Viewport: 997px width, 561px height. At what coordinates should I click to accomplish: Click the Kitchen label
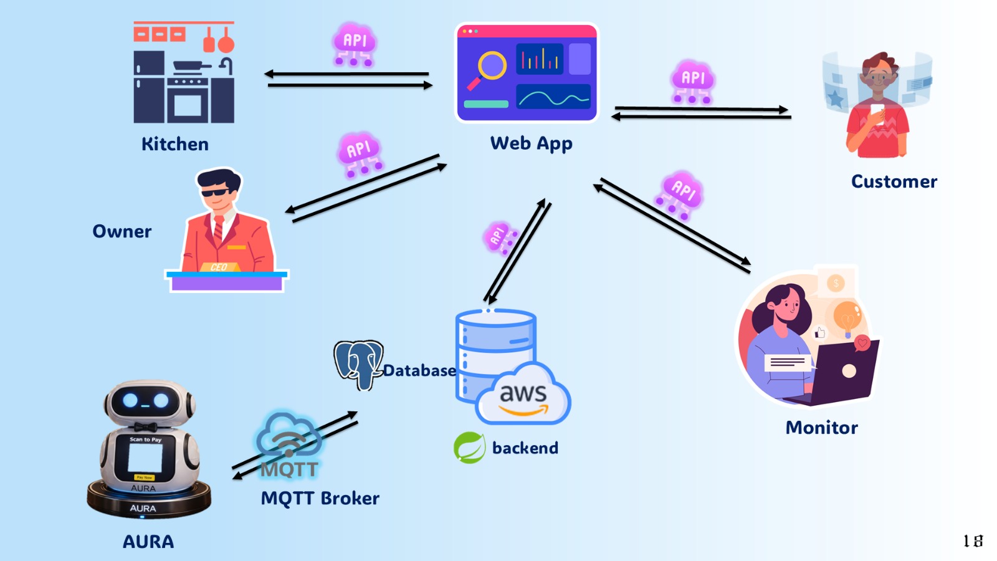(175, 144)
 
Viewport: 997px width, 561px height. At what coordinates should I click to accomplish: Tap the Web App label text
(531, 143)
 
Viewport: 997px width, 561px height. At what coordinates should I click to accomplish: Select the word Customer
(894, 181)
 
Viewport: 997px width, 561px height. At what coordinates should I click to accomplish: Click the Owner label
(122, 231)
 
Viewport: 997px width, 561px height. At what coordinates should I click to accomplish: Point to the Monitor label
(821, 428)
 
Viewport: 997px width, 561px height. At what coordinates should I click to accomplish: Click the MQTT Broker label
(320, 498)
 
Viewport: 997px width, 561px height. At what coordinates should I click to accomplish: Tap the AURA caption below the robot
(148, 542)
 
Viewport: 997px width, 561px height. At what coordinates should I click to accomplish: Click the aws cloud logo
(523, 396)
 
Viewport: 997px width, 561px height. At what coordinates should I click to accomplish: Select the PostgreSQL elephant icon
(358, 363)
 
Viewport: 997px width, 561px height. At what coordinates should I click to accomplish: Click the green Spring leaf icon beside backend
(469, 448)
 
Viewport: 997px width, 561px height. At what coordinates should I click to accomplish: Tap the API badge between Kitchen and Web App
(354, 44)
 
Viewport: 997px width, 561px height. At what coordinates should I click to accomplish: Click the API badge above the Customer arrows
(692, 81)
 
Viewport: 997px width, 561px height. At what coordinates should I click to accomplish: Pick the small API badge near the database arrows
(500, 237)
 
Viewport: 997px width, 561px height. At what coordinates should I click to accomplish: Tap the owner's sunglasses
(216, 192)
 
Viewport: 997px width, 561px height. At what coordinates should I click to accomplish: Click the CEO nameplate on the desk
(219, 267)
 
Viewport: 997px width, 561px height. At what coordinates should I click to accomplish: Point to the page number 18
(973, 540)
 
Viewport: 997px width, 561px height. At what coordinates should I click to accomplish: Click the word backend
(525, 448)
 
